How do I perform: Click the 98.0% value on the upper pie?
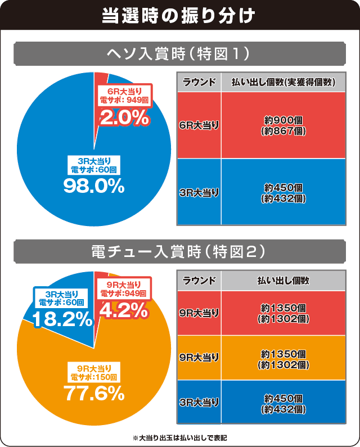point(93,187)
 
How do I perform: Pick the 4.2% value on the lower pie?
point(124,310)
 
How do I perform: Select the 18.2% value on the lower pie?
point(62,319)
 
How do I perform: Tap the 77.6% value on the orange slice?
point(93,393)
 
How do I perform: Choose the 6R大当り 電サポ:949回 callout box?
point(124,96)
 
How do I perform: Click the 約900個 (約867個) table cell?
point(283,125)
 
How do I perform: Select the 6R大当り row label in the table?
point(199,125)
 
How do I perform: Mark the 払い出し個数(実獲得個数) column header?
point(283,82)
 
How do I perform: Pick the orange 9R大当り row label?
point(199,358)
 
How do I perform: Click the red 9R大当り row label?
point(199,313)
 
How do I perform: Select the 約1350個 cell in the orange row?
point(283,358)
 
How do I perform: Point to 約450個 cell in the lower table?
point(283,402)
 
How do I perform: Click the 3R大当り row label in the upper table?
point(199,192)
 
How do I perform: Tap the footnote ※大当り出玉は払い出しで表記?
point(179,437)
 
